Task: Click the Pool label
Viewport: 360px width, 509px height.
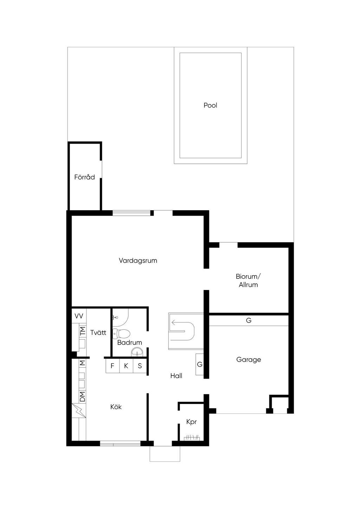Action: coord(210,105)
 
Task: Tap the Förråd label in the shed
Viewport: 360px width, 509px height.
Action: coord(84,177)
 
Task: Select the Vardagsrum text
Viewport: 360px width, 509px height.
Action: coord(138,260)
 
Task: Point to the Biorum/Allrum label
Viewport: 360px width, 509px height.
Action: coord(248,281)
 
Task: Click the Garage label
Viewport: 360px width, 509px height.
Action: coord(249,360)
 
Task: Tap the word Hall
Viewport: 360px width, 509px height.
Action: coord(176,376)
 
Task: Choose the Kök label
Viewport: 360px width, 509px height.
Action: coord(116,407)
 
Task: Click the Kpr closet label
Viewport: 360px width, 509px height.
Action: coord(192,422)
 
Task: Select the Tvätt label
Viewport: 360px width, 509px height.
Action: coord(98,332)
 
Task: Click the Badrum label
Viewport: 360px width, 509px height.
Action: coord(130,342)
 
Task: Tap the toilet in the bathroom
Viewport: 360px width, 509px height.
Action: coord(122,333)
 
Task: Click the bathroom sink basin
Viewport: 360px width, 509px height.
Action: coord(137,352)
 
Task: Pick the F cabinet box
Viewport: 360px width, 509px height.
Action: coord(112,366)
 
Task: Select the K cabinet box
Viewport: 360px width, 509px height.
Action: coord(126,366)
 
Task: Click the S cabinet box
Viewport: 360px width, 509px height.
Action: coord(140,366)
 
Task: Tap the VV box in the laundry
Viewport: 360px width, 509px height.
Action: coord(79,316)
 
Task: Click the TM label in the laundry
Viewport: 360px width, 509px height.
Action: coord(82,331)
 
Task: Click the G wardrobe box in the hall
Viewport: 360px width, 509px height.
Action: coord(200,365)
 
